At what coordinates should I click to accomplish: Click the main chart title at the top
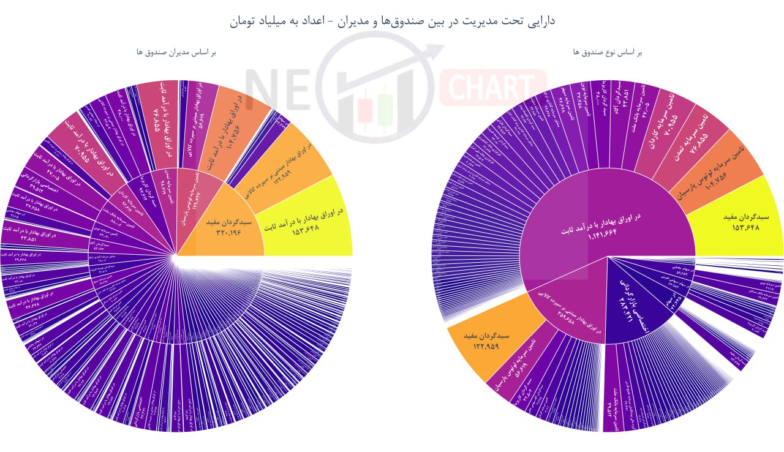pos(393,21)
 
